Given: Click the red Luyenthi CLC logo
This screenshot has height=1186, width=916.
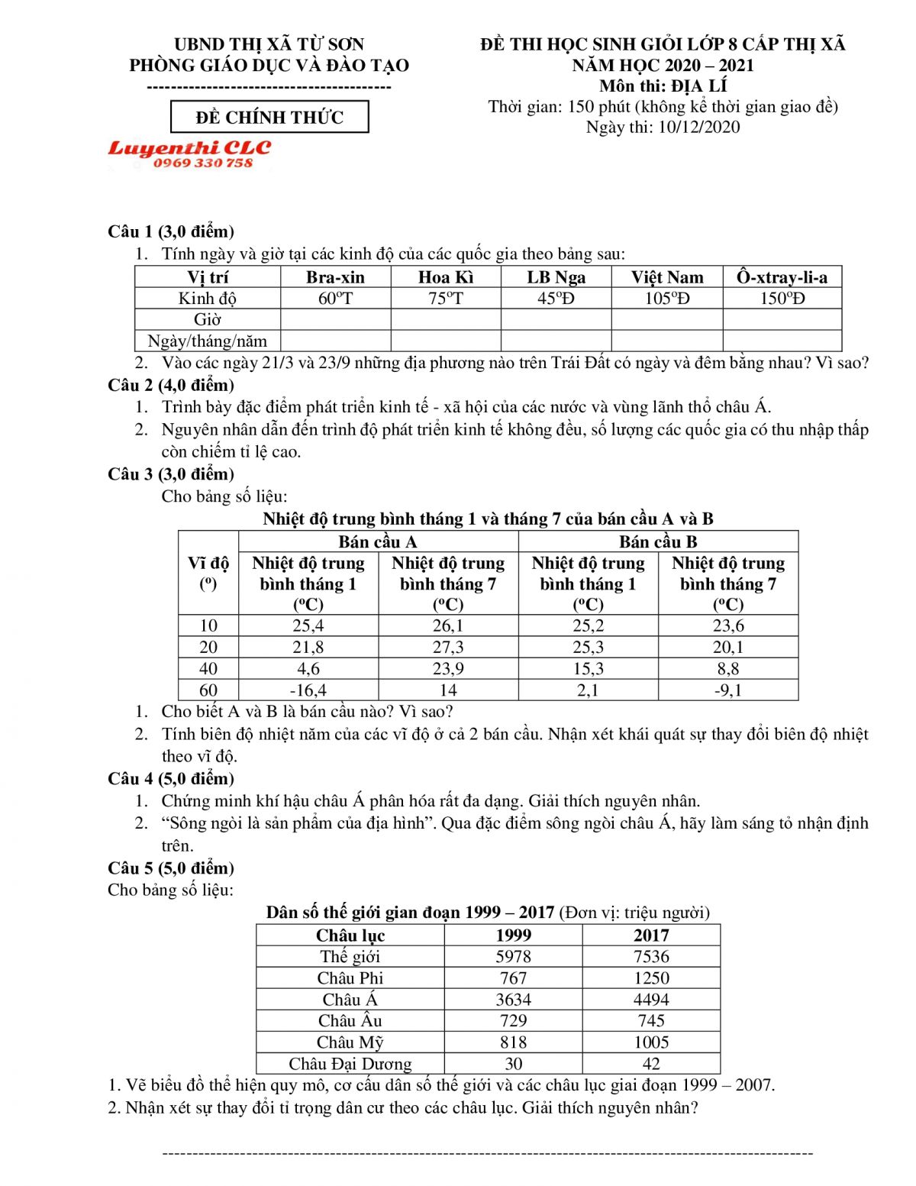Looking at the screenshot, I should click(x=189, y=153).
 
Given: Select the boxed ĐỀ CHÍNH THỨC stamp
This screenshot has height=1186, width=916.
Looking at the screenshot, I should click(x=269, y=118).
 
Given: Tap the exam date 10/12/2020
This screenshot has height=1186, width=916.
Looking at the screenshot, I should click(x=698, y=127).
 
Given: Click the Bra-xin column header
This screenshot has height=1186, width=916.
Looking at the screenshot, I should click(x=335, y=277).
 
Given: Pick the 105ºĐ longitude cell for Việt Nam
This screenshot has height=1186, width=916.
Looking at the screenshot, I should click(x=666, y=299).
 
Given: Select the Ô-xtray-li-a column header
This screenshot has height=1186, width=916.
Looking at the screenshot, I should click(x=782, y=277).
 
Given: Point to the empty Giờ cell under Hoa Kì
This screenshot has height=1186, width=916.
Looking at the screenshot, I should click(x=445, y=319).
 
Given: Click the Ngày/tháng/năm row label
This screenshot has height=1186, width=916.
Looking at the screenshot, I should click(x=208, y=341).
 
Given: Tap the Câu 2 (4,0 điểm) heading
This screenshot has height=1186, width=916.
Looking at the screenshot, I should click(x=171, y=385).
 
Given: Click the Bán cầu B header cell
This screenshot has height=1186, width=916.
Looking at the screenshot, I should click(x=658, y=542).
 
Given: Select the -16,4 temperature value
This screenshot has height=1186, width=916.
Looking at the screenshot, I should click(x=308, y=690).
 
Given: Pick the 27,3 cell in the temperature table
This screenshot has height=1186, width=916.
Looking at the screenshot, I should click(x=448, y=648).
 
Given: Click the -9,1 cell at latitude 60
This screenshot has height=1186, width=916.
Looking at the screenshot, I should click(x=727, y=690).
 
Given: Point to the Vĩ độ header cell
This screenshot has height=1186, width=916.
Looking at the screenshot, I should click(x=208, y=573).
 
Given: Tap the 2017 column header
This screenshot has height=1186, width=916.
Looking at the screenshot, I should click(x=650, y=936).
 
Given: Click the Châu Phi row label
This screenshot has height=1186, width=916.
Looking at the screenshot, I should click(x=350, y=978).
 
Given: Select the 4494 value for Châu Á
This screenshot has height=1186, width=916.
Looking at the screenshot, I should click(x=650, y=1000).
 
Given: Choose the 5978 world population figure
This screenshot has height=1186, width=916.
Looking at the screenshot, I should click(x=513, y=957).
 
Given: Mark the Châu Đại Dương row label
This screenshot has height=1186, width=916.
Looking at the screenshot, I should click(x=350, y=1064).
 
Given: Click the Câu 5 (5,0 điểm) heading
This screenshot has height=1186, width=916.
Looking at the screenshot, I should click(x=171, y=868).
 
